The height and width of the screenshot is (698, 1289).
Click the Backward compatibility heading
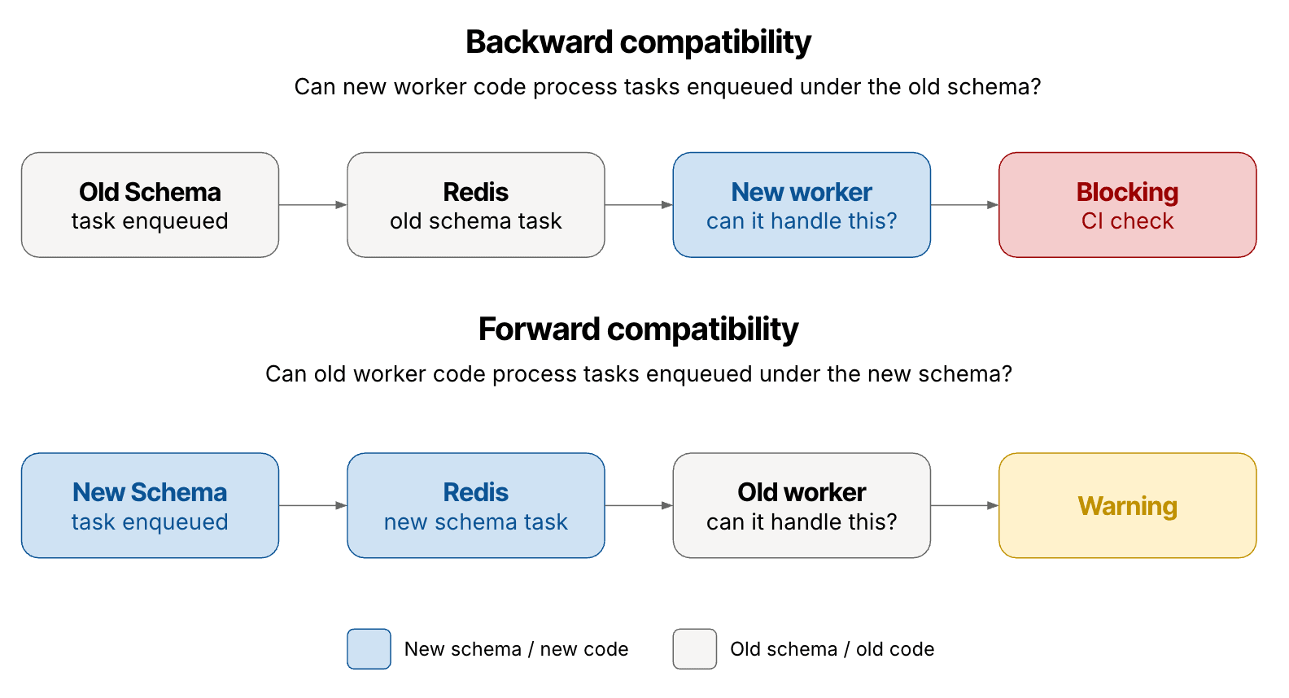click(638, 42)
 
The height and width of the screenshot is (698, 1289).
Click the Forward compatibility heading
click(638, 329)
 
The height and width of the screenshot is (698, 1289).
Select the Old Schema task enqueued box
click(150, 205)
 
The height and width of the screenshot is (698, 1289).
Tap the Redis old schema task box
click(476, 205)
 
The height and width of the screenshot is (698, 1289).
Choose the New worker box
click(802, 205)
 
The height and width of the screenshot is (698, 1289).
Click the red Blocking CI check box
click(1127, 205)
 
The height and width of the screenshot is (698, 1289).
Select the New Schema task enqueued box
click(150, 505)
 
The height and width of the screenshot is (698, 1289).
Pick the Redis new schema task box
click(476, 505)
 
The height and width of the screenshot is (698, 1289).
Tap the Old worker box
click(802, 505)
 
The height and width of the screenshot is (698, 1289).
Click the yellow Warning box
click(1127, 505)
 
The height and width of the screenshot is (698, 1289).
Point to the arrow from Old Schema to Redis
click(313, 205)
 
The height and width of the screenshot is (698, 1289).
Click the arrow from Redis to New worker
click(639, 205)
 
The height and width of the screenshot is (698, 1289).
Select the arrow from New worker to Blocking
click(964, 205)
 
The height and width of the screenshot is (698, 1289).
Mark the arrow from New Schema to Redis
click(313, 505)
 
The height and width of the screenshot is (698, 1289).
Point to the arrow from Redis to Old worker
click(639, 505)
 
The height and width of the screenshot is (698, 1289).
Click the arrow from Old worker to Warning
click(964, 505)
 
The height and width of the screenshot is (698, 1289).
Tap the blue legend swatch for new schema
click(369, 648)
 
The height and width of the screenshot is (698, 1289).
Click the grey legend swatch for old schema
click(694, 648)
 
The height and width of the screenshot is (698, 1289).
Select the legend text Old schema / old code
click(832, 649)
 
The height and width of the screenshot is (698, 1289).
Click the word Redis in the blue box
click(476, 492)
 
